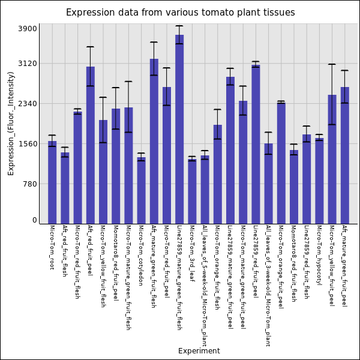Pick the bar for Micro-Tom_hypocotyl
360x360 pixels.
point(319,181)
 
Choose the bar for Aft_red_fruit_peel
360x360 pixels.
point(90,145)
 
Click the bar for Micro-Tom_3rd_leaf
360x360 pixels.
point(192,191)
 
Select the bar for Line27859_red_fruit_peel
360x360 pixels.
point(256,144)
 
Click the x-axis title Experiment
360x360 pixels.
point(199,351)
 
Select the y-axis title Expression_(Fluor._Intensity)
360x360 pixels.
point(11,123)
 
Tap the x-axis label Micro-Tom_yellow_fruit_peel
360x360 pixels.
point(332,266)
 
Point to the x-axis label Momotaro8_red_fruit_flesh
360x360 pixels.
point(293,263)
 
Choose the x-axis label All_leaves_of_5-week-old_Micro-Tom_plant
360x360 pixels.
point(205,286)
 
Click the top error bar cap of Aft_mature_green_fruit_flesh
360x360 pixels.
point(154,42)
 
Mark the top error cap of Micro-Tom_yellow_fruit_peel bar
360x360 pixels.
point(332,64)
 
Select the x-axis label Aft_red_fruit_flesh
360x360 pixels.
point(65,254)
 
